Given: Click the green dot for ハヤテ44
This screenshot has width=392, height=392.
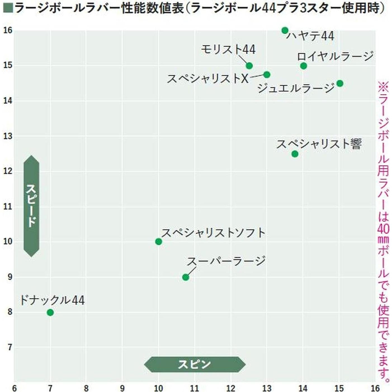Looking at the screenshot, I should point(285,30).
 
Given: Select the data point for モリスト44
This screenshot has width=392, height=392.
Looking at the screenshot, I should point(249,66).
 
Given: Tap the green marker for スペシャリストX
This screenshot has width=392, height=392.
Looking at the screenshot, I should point(267,75).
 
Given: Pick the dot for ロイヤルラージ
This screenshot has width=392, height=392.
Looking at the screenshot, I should point(303,66).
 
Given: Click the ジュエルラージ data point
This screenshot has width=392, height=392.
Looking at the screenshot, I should point(340,83).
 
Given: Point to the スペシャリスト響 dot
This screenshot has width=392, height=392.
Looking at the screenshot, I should point(295,154).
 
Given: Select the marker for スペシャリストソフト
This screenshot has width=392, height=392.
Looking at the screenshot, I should point(159,242).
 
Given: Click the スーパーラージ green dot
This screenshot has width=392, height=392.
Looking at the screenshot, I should point(185,277).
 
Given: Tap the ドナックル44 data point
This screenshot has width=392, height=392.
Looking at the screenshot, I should point(50,312).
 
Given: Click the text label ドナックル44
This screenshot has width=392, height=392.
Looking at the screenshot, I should point(52,300).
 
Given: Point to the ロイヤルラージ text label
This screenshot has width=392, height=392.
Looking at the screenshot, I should point(335,56).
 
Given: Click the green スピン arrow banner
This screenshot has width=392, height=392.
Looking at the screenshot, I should point(195,364).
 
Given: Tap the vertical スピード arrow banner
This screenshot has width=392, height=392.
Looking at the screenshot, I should point(31,206).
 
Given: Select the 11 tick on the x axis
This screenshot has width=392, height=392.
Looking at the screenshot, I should point(194,388).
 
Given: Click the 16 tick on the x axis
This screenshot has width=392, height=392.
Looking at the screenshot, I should point(375,388).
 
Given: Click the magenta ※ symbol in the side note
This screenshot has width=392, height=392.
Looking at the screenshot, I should point(383,87).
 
